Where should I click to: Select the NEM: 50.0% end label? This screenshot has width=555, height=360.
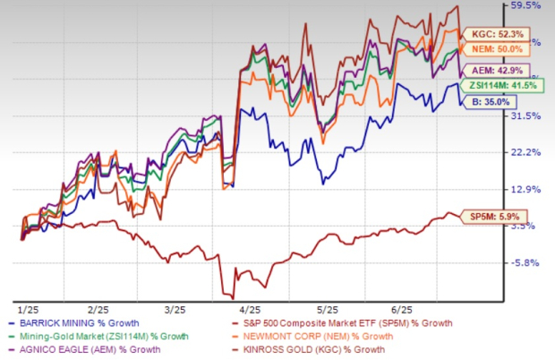(497, 52)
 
